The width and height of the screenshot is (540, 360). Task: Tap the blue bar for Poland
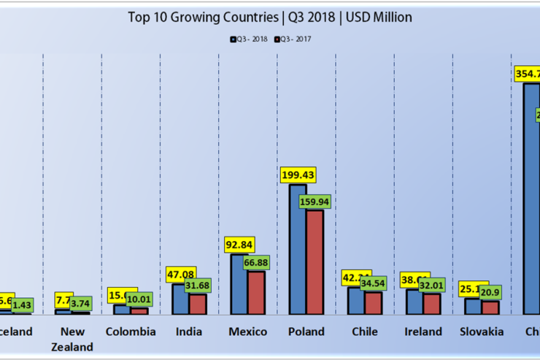point(298,248)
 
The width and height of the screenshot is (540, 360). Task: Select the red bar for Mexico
point(256,292)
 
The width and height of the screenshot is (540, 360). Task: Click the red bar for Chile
point(373,302)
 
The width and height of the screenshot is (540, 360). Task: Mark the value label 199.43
point(300,175)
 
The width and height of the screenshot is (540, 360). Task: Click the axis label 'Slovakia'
point(482,332)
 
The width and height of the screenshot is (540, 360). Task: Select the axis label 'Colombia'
point(131,332)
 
